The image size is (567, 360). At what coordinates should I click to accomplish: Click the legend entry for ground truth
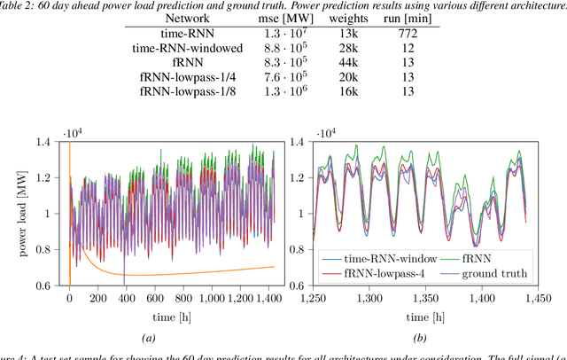click(x=485, y=273)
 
